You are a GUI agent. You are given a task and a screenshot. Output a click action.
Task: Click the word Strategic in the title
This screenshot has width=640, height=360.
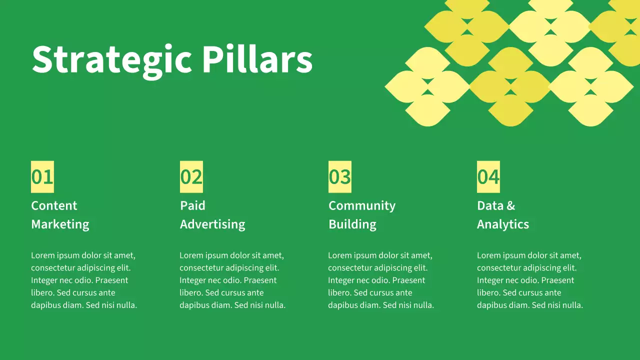click(x=111, y=60)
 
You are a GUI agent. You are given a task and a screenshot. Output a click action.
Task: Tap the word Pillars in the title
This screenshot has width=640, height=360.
click(x=257, y=59)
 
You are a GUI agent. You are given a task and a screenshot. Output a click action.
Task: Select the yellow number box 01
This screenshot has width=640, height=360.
click(x=42, y=177)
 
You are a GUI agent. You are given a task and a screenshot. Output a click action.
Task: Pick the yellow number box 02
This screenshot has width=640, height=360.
click(x=191, y=177)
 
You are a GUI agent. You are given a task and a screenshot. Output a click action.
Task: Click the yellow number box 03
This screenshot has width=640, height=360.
click(x=340, y=177)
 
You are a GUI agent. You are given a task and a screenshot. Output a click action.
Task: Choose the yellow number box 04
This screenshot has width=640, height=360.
click(x=488, y=177)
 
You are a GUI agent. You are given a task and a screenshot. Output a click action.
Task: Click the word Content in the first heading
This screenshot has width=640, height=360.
click(x=54, y=205)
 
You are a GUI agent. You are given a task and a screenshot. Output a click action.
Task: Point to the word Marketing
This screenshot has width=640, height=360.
click(x=60, y=224)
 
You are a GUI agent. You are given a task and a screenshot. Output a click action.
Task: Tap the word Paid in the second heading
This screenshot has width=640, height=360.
click(x=192, y=205)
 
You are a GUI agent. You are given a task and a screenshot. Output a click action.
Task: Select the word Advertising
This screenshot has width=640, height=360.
click(x=212, y=224)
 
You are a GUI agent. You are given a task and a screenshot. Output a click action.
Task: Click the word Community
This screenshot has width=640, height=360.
click(x=362, y=205)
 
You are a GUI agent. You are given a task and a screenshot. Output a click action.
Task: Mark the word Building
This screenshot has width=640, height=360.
click(x=352, y=224)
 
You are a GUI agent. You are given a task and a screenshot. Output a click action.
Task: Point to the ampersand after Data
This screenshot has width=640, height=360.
click(x=510, y=205)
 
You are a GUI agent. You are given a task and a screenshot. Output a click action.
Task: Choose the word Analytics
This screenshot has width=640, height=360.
click(x=503, y=224)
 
